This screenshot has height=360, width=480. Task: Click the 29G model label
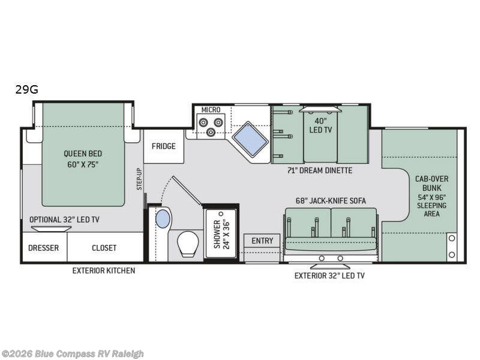pyautogui.click(x=27, y=89)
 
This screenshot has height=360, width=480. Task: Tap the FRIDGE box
pyautogui.click(x=164, y=146)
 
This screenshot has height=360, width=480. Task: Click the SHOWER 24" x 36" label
pyautogui.click(x=221, y=234)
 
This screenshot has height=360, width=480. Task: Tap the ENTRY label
pyautogui.click(x=262, y=241)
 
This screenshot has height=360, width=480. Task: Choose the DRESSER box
pyautogui.click(x=43, y=248)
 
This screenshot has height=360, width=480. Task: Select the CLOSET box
pyautogui.click(x=104, y=248)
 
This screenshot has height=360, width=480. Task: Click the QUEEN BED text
pyautogui.click(x=83, y=154)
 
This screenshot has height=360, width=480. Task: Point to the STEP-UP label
pyautogui.click(x=139, y=179)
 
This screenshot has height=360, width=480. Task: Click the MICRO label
pyautogui.click(x=211, y=110)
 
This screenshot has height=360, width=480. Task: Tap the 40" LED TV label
pyautogui.click(x=320, y=125)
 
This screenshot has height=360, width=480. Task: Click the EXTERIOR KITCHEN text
pyautogui.click(x=103, y=271)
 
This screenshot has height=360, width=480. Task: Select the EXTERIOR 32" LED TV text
pyautogui.click(x=329, y=275)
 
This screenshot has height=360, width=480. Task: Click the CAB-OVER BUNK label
pyautogui.click(x=431, y=183)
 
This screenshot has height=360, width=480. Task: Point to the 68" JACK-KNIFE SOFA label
pyautogui.click(x=331, y=201)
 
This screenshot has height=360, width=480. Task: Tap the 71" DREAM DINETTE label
pyautogui.click(x=320, y=170)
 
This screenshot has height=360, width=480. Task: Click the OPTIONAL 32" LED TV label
pyautogui.click(x=64, y=220)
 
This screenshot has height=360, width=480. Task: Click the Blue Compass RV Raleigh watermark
pyautogui.click(x=72, y=354)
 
